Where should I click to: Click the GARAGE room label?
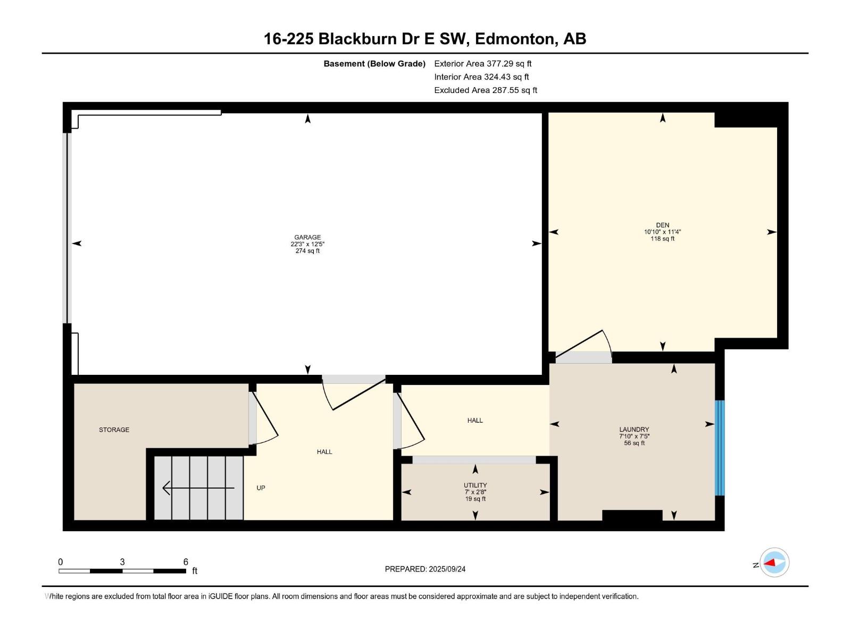[307, 237]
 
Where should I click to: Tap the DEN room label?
[663, 225]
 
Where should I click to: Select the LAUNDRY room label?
[634, 429]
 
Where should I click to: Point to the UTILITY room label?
[475, 485]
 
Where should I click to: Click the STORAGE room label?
[114, 430]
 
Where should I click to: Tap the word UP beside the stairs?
[261, 488]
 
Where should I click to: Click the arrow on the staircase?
[198, 488]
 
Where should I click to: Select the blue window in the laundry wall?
[720, 448]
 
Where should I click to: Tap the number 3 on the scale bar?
[122, 562]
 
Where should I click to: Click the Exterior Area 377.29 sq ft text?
[483, 63]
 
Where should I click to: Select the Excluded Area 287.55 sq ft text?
[486, 90]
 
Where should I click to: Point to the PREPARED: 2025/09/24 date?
[425, 569]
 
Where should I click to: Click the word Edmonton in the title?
[514, 39]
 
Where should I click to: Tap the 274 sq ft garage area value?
[307, 250]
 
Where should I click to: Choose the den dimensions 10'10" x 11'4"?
[663, 232]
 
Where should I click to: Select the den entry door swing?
[583, 343]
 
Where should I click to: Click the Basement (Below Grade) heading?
[374, 63]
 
